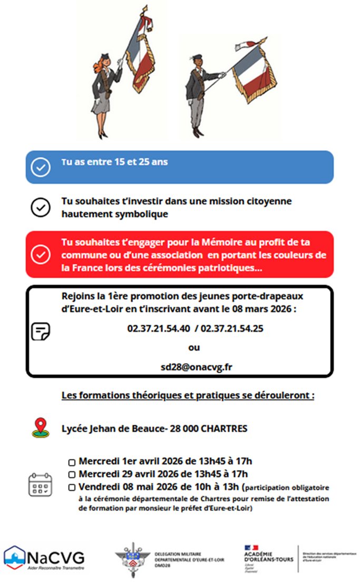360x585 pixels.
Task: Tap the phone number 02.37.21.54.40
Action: (159, 328)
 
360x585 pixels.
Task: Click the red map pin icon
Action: (40, 427)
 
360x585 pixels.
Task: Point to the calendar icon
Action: (40, 484)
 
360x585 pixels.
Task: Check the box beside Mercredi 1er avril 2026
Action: (72, 462)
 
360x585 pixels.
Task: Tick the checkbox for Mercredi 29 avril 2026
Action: (72, 474)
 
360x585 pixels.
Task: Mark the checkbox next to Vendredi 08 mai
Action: (72, 486)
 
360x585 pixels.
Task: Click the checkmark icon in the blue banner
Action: (41, 167)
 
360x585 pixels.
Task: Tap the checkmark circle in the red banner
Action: (41, 254)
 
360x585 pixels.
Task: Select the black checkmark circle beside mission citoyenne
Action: (41, 208)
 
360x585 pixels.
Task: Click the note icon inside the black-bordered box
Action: (41, 331)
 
